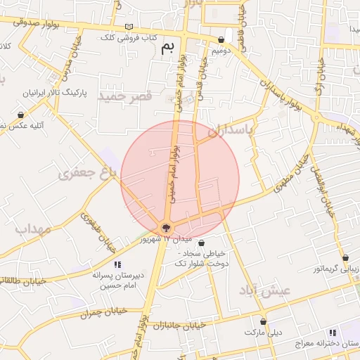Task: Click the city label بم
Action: (x=167, y=49)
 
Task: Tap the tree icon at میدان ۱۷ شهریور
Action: (x=166, y=227)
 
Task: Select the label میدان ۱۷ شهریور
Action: (x=145, y=240)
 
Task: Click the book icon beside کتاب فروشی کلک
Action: (x=128, y=27)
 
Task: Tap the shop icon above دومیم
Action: (x=221, y=40)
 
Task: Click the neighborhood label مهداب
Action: (x=30, y=229)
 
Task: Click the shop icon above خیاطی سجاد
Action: (x=201, y=243)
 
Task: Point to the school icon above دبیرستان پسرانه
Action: (x=117, y=264)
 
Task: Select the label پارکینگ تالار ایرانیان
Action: (x=58, y=92)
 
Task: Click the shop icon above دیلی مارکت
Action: (x=263, y=321)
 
